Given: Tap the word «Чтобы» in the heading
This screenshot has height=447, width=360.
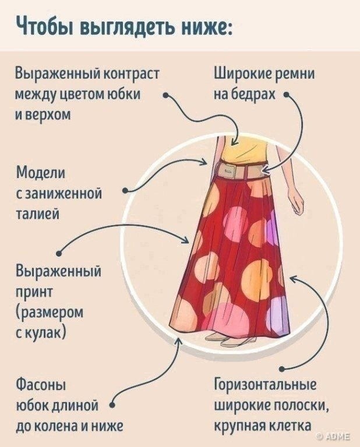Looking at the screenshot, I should pos(40,27).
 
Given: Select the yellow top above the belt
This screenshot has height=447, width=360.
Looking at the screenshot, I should pos(239,148).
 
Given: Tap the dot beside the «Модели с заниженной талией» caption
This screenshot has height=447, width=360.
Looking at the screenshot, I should pos(125,190).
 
